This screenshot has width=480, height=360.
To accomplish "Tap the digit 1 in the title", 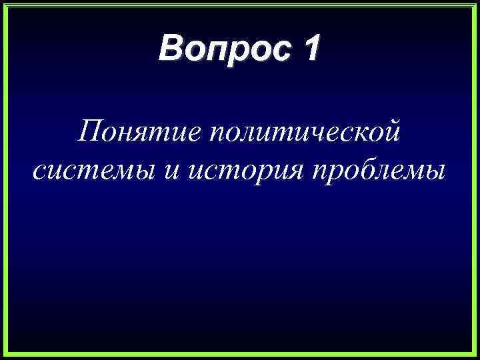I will (x=311, y=51).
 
